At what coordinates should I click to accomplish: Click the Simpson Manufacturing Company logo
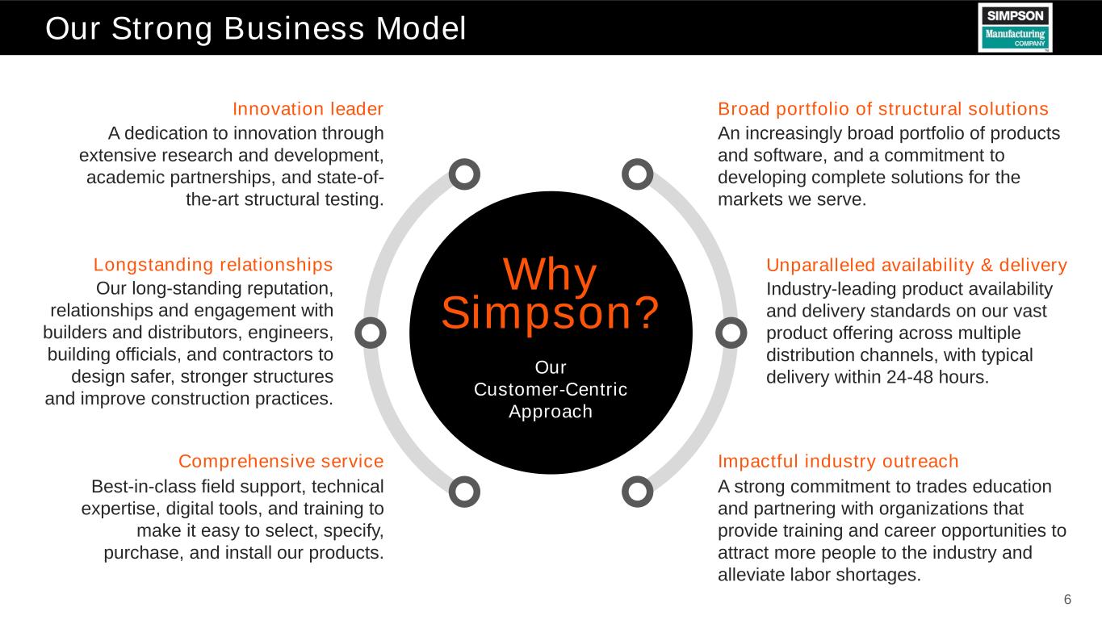click(1015, 27)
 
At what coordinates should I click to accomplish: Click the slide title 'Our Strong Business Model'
click(256, 29)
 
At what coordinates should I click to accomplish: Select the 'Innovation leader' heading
click(308, 108)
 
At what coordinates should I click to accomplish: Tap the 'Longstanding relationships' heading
click(213, 265)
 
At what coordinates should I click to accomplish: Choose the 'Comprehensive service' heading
click(281, 462)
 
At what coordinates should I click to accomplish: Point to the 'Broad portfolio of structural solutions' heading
click(883, 108)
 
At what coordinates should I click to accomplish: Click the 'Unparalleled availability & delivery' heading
click(916, 265)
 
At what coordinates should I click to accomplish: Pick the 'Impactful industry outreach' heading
click(838, 462)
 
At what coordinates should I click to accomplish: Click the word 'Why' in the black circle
click(551, 274)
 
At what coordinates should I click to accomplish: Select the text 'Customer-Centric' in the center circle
click(551, 389)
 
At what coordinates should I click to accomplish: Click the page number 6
click(1067, 599)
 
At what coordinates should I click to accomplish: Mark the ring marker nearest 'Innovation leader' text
click(464, 174)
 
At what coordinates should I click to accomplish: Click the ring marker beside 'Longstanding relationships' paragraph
click(370, 333)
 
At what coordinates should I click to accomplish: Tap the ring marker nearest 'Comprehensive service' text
click(464, 491)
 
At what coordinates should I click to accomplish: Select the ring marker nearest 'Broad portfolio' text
click(637, 174)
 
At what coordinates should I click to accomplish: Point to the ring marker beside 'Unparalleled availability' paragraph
click(731, 333)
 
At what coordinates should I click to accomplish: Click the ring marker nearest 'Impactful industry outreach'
click(637, 491)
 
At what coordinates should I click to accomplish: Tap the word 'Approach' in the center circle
click(551, 412)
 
